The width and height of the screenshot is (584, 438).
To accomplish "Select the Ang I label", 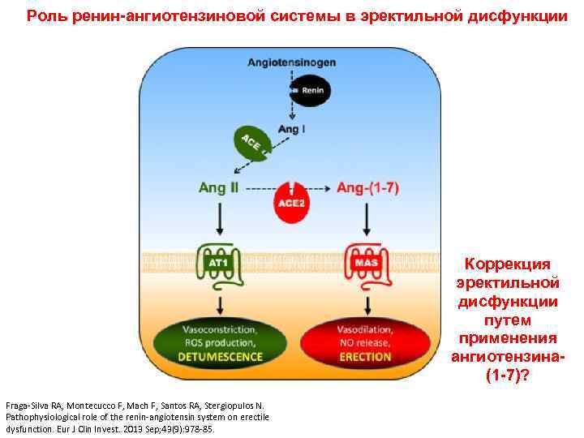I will tap(290, 128).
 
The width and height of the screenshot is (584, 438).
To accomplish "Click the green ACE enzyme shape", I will tap(251, 144).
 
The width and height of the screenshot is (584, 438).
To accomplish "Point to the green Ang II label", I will tap(219, 187).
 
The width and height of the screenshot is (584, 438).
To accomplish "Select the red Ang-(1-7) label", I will tap(367, 187).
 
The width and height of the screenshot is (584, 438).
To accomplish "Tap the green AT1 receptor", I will tap(219, 264).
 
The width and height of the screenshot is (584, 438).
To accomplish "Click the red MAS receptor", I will tap(365, 264).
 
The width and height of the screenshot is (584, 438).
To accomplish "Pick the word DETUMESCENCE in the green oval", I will tap(220, 356).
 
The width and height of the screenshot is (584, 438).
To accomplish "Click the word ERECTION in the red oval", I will tap(365, 356).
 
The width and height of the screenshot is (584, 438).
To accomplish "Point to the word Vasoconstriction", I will tap(220, 330).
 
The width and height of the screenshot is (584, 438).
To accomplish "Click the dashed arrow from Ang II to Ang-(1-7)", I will tap(291, 188).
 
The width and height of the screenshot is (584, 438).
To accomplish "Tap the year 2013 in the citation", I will tap(133, 427).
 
